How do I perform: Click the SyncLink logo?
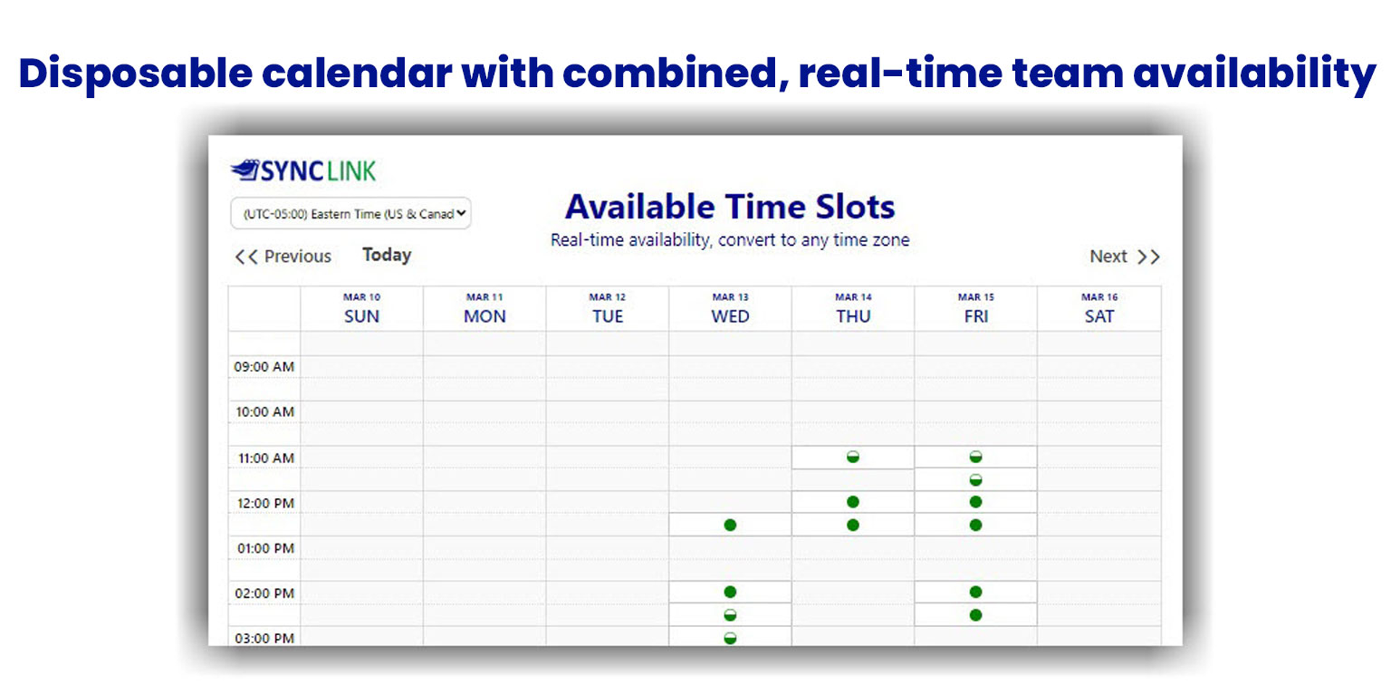tap(304, 170)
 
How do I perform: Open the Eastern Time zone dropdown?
tap(351, 213)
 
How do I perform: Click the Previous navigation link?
tap(283, 256)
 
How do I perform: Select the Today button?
tap(387, 255)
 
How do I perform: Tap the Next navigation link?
tap(1124, 257)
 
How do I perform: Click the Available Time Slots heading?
tap(730, 207)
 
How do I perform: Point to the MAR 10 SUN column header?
tap(362, 309)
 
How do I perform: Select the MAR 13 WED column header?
tap(730, 309)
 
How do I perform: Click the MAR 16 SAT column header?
tap(1099, 309)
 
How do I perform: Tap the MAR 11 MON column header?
tap(485, 309)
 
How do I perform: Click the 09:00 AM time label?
tap(264, 367)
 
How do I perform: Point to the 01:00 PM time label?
tap(265, 548)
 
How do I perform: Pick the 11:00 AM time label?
tap(266, 458)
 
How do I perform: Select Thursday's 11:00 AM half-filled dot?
tap(853, 457)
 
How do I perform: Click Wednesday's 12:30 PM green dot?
tap(730, 525)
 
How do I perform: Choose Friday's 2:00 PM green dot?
tap(976, 592)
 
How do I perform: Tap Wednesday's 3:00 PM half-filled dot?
tap(730, 638)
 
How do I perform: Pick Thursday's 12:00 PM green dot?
tap(853, 502)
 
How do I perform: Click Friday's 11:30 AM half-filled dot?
tap(976, 480)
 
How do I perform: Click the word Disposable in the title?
tap(135, 74)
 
